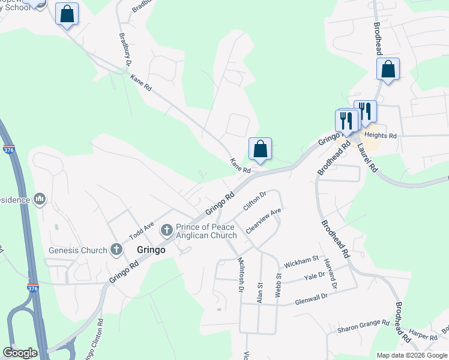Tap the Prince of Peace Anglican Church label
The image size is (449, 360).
tap(206, 232)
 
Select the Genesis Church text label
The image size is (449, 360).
tap(79, 250)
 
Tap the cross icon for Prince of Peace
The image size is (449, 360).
tap(167, 229)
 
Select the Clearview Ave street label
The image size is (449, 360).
tap(263, 221)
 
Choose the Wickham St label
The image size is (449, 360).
tap(301, 261)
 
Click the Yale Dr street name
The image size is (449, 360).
tap(314, 275)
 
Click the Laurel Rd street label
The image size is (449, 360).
tap(366, 158)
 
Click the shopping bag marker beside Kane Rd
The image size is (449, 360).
tap(260, 149)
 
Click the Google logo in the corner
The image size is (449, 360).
tap(20, 353)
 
